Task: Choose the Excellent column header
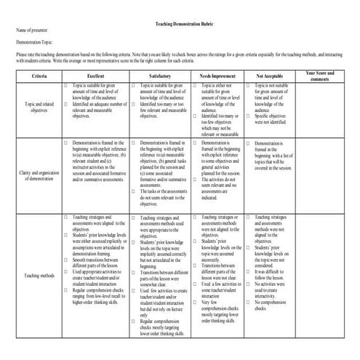coord(95,76)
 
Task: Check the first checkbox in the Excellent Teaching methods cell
coord(66,217)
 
